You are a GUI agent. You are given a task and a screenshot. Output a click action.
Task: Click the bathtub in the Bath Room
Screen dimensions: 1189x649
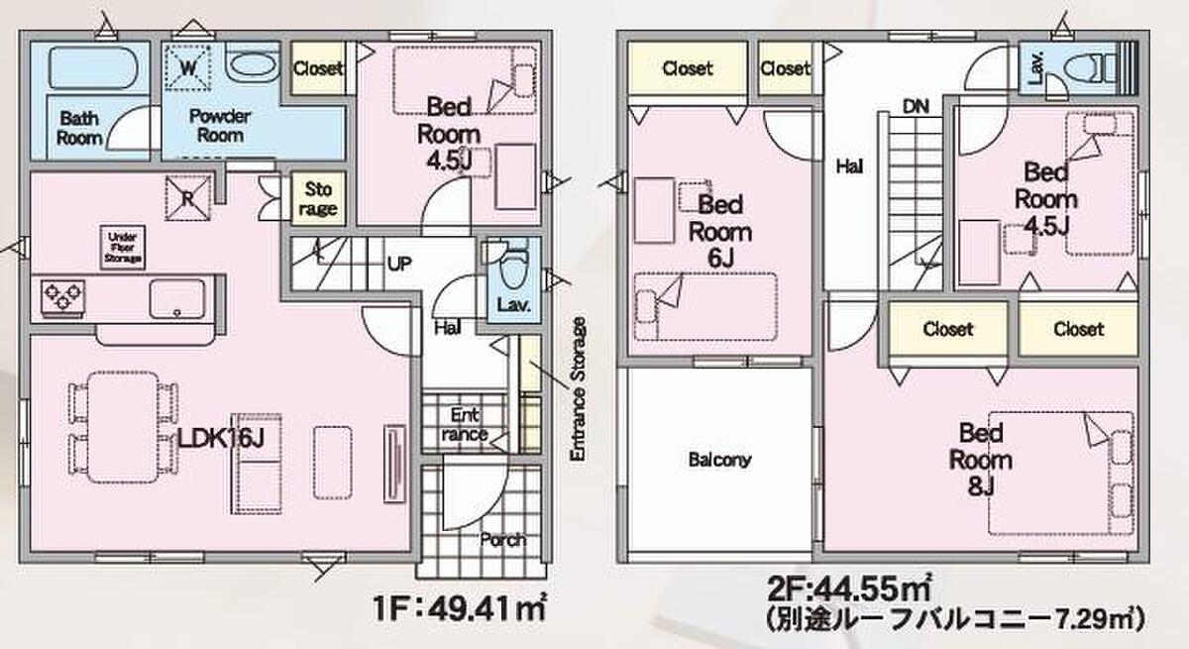click(x=93, y=68)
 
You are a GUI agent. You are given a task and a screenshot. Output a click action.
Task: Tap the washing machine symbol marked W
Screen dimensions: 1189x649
click(x=187, y=67)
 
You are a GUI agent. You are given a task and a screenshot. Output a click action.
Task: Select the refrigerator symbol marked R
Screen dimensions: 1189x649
click(x=188, y=198)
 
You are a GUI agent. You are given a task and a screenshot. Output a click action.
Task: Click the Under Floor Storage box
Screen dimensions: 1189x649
click(x=123, y=248)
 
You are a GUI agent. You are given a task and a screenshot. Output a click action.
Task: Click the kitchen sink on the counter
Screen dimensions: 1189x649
click(x=177, y=298)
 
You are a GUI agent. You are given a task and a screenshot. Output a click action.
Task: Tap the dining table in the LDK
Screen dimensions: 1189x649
click(x=123, y=427)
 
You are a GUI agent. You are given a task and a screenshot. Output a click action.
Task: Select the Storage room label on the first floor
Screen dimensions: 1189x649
click(x=318, y=199)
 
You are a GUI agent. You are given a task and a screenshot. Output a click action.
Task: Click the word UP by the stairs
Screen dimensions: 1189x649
click(x=399, y=264)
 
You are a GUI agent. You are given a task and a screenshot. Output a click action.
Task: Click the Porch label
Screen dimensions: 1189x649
click(x=502, y=540)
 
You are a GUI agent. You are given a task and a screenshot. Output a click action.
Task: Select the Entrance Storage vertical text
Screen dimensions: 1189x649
click(x=578, y=389)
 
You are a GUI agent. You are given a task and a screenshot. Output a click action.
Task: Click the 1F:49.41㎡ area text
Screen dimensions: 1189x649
click(x=460, y=608)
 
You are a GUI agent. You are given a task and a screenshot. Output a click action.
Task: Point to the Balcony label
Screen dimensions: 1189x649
click(x=719, y=460)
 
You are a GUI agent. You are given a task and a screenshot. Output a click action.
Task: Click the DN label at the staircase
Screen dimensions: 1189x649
click(x=916, y=107)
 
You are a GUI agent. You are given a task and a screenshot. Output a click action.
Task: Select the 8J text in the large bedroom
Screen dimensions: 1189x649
click(x=980, y=487)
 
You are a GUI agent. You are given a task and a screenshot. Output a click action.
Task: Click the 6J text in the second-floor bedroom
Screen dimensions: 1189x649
click(x=720, y=259)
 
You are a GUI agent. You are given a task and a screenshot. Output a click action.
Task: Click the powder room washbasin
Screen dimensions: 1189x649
click(x=252, y=64)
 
